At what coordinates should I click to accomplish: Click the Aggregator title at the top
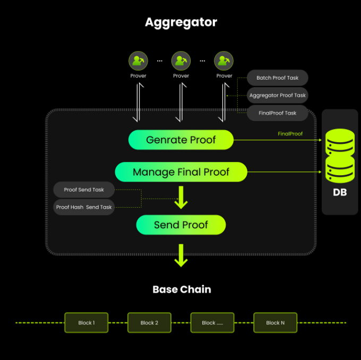(181, 22)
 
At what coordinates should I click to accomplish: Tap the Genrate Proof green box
(181, 140)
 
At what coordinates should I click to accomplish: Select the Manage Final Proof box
(181, 172)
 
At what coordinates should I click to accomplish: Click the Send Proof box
(181, 225)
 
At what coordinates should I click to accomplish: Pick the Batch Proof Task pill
(278, 78)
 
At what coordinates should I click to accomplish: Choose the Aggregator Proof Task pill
(278, 95)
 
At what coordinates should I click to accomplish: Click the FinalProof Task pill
(278, 113)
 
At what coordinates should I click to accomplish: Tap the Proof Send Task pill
(84, 190)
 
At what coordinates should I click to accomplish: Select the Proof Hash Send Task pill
(84, 207)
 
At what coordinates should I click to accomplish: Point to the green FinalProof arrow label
(290, 134)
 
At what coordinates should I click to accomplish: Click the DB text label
(340, 192)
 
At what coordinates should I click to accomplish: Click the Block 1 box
(87, 322)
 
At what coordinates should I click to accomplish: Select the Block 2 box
(149, 322)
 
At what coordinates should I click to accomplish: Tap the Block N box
(275, 322)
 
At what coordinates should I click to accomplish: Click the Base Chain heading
(182, 289)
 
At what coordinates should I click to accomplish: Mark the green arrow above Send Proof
(182, 198)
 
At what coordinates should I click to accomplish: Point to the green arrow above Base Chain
(182, 255)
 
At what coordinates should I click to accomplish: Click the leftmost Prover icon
(138, 61)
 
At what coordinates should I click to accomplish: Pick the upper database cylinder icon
(340, 142)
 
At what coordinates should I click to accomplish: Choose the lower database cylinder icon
(340, 169)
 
